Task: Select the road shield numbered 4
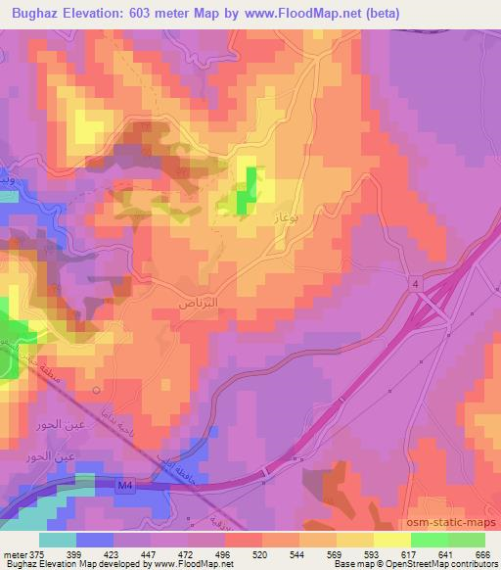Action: pos(415,284)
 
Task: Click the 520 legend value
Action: pos(258,554)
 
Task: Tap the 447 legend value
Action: pos(150,554)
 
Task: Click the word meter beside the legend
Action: pos(14,554)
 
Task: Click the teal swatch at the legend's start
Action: pos(58,540)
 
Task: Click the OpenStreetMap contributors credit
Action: pos(431,565)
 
